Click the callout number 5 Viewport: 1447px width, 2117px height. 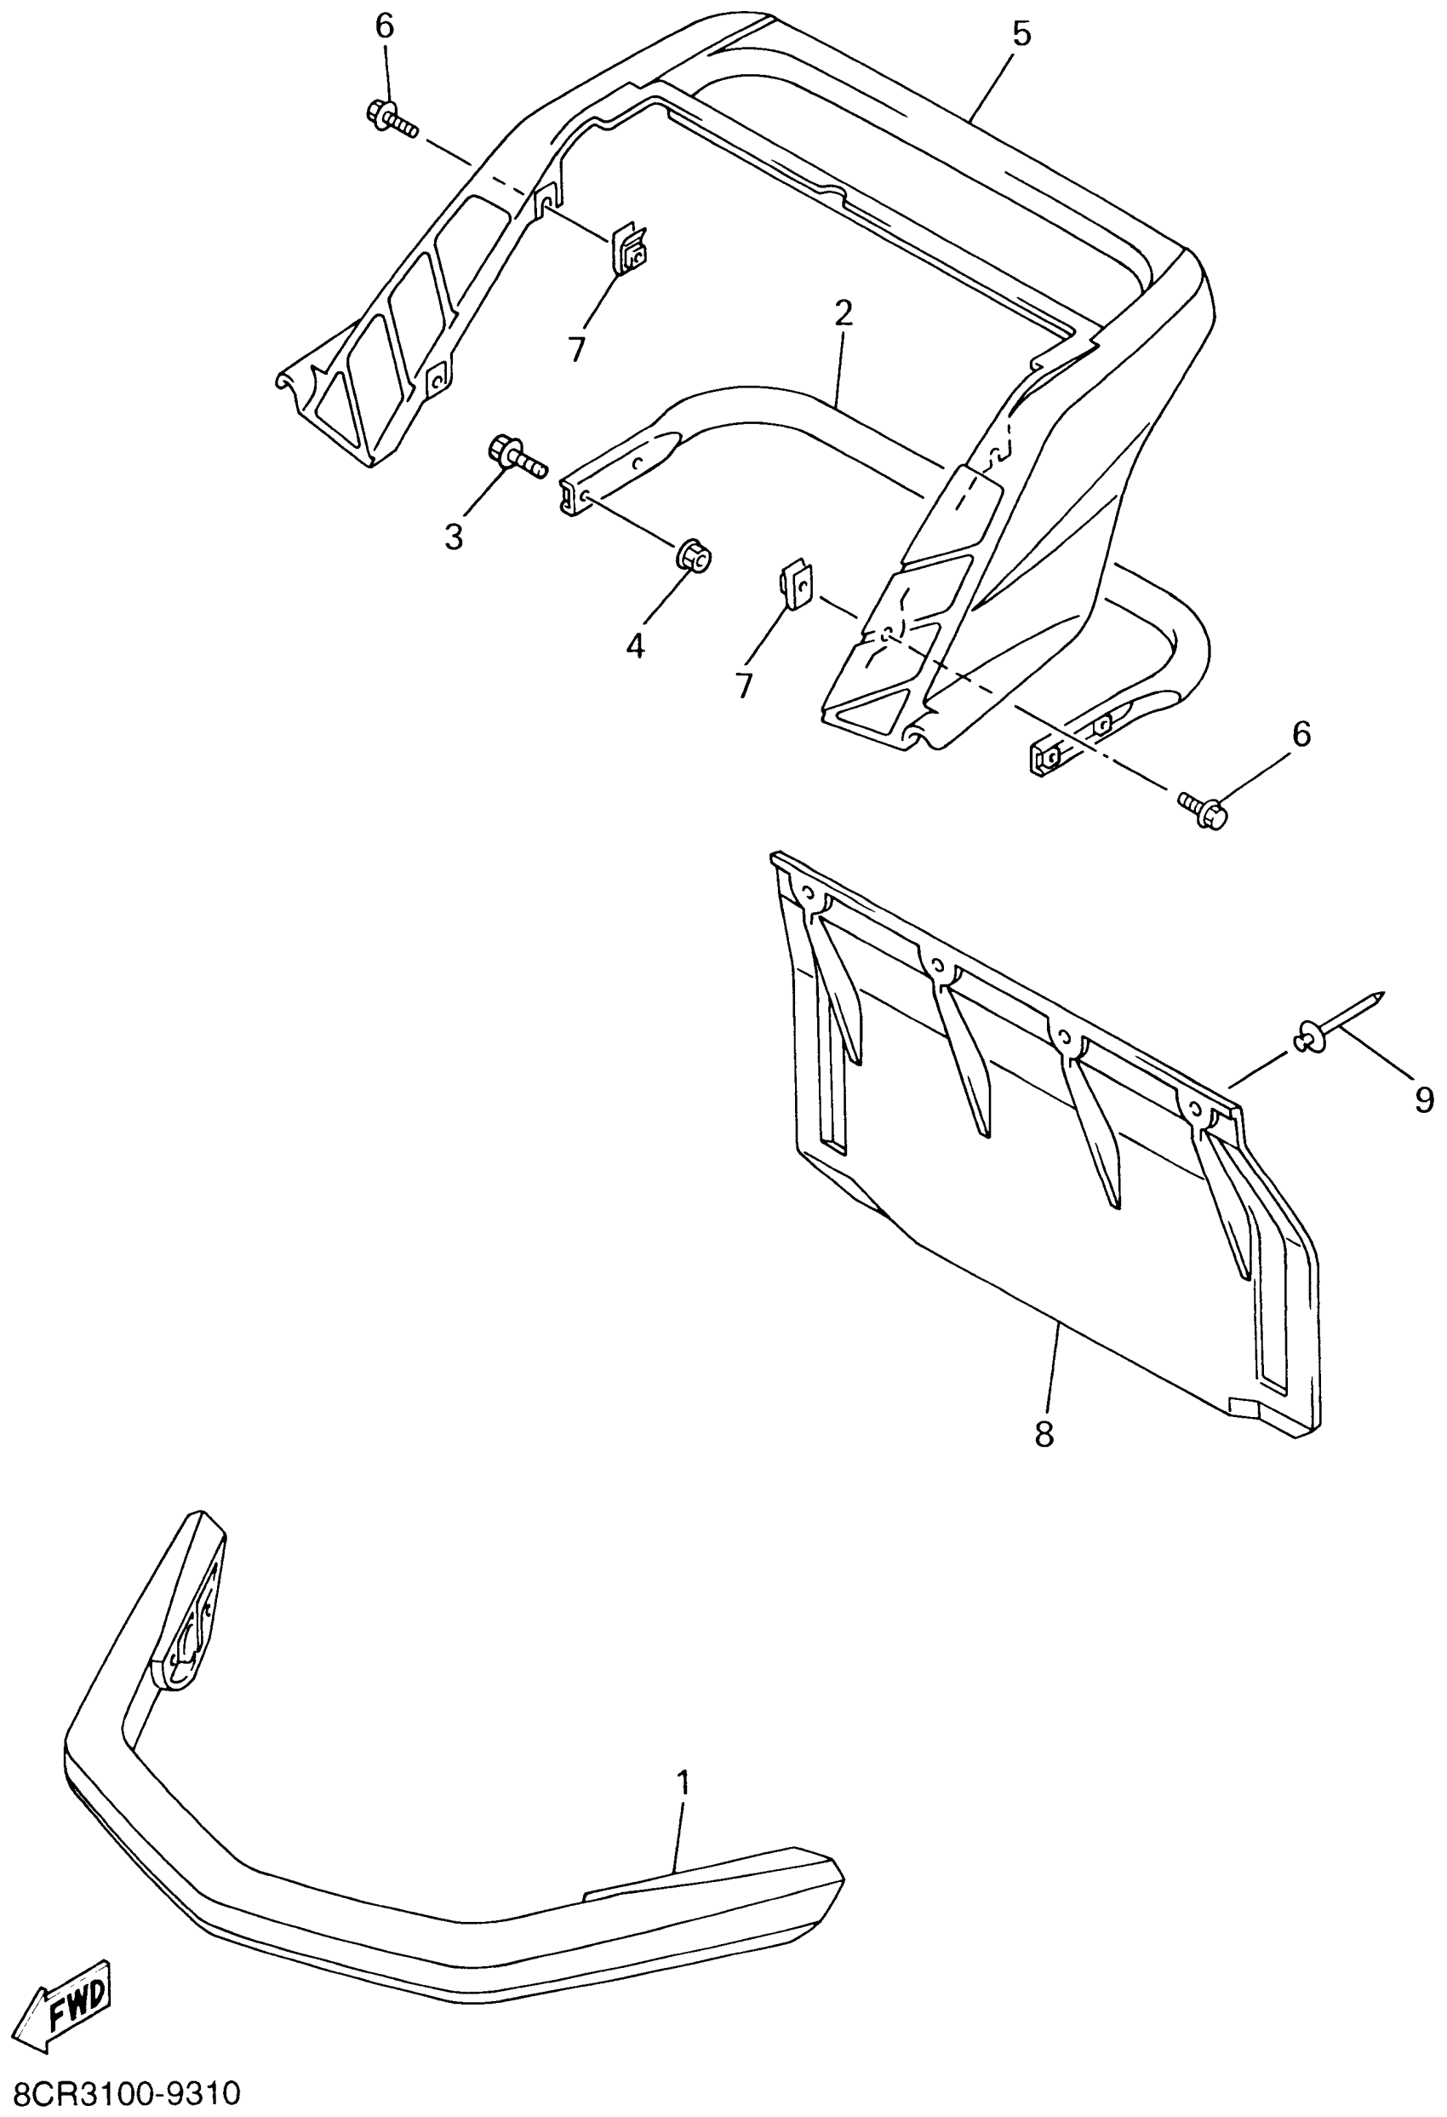pos(1021,35)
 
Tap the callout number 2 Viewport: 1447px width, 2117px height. pos(844,313)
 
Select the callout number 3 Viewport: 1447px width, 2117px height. pos(454,536)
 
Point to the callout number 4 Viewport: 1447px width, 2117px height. pos(635,645)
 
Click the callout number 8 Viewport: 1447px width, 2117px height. pos(1044,1434)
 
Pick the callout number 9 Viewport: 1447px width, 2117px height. pos(1424,1100)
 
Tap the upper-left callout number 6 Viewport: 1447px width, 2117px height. pos(386,26)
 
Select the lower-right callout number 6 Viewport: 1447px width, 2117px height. pos(1302,733)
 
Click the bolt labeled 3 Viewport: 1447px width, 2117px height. pos(518,456)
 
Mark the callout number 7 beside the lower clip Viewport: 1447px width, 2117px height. pos(744,685)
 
